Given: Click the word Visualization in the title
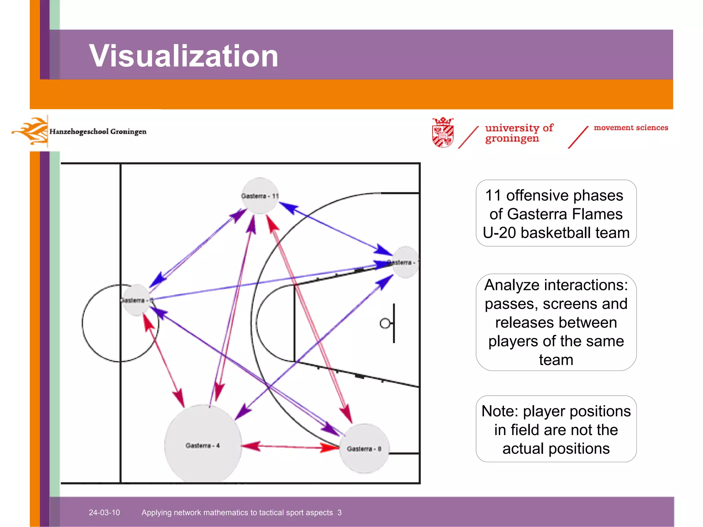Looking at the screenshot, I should pyautogui.click(x=183, y=56).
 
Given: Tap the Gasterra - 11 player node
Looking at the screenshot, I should pyautogui.click(x=260, y=196).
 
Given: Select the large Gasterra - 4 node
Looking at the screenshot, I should pyautogui.click(x=203, y=445).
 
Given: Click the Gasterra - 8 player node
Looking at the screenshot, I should pyautogui.click(x=364, y=448).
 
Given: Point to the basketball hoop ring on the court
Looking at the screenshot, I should pyautogui.click(x=385, y=323).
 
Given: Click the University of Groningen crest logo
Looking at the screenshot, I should pyautogui.click(x=443, y=132).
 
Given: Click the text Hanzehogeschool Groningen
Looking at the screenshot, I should pyautogui.click(x=98, y=132).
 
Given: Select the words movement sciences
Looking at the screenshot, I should pyautogui.click(x=631, y=128).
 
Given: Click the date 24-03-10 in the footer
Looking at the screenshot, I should pyautogui.click(x=104, y=513).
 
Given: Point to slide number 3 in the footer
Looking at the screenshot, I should pyautogui.click(x=339, y=513).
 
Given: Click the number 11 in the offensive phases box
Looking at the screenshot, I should pyautogui.click(x=493, y=196).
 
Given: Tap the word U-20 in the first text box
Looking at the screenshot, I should pyautogui.click(x=499, y=233).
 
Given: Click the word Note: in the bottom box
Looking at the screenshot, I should pyautogui.click(x=500, y=411).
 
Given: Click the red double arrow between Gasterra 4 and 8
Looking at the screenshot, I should pyautogui.click(x=290, y=446).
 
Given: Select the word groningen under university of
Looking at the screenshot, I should pyautogui.click(x=512, y=139).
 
